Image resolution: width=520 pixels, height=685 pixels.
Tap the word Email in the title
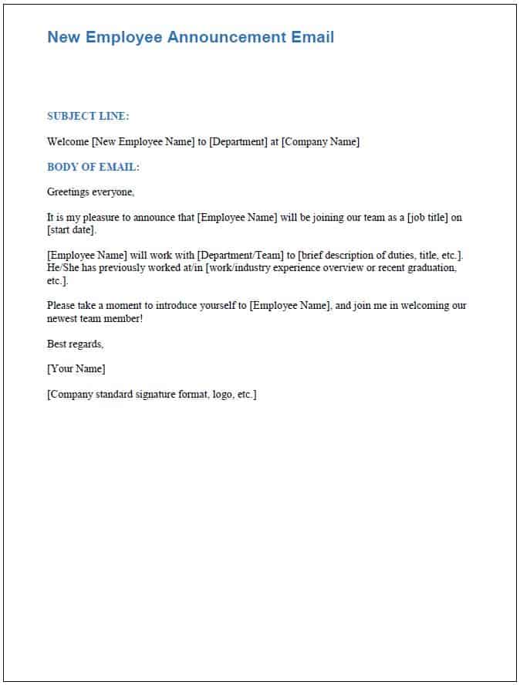312,37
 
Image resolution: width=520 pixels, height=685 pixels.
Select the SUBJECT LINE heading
88,117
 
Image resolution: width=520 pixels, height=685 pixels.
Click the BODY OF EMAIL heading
93,167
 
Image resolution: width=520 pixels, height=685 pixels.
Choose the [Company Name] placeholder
320,142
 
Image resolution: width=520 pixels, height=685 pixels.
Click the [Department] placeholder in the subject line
238,142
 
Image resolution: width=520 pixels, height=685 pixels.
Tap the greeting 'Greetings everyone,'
90,192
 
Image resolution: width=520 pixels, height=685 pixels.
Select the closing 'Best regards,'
75,344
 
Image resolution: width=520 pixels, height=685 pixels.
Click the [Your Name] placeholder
76,369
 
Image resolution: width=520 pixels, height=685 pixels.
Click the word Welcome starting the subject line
68,142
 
